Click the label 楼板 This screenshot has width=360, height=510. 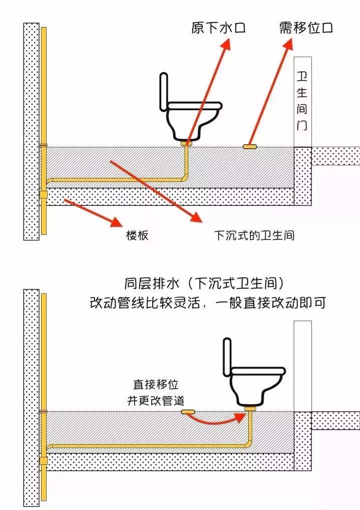(137, 235)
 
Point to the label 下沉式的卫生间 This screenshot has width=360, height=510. (254, 235)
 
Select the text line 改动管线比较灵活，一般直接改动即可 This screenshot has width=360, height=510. (207, 303)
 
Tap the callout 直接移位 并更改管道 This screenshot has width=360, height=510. (155, 393)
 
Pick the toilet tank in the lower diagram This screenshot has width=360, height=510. (227, 357)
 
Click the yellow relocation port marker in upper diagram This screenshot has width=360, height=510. (249, 146)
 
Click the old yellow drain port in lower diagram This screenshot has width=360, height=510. (188, 412)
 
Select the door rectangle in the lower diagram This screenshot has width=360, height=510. (302, 366)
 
